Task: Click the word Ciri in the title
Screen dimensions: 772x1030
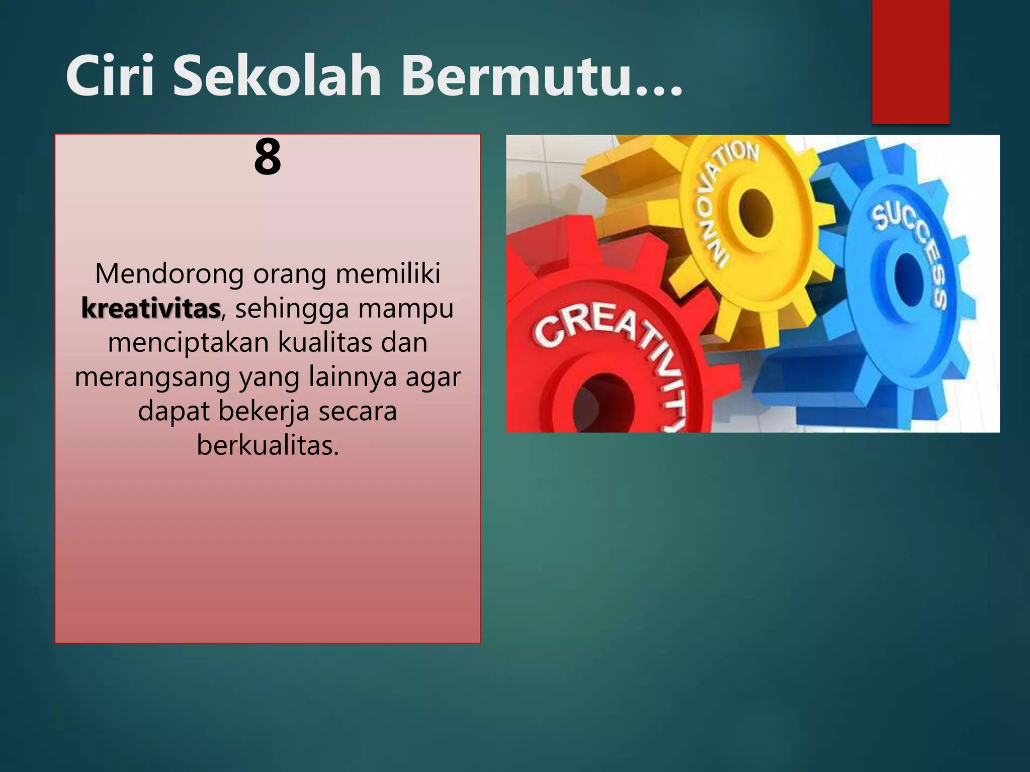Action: pyautogui.click(x=110, y=77)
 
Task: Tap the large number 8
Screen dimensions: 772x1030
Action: pyautogui.click(x=268, y=157)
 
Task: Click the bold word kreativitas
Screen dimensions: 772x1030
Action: pyautogui.click(x=151, y=308)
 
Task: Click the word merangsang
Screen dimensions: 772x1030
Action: pyautogui.click(x=152, y=377)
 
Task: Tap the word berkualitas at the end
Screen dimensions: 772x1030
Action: pyautogui.click(x=268, y=445)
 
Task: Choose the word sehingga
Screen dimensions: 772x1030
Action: pyautogui.click(x=292, y=309)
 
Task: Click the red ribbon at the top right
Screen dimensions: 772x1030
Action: pyautogui.click(x=910, y=60)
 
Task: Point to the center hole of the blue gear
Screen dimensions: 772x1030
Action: pyautogui.click(x=907, y=279)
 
